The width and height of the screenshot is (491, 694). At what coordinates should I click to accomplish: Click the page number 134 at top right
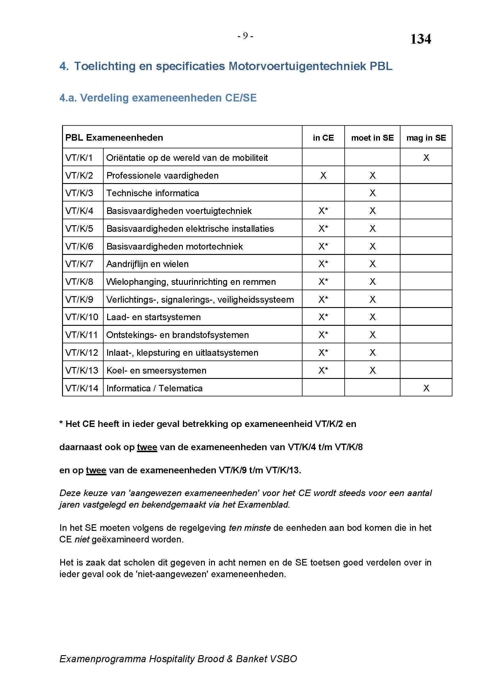coord(420,39)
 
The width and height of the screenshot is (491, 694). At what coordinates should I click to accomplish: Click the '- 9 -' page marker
coord(245,36)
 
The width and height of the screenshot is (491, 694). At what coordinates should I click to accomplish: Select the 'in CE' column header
coord(323,138)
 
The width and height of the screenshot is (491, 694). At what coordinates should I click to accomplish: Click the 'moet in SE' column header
coord(372,138)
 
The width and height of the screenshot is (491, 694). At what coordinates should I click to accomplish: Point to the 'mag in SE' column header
coord(426,138)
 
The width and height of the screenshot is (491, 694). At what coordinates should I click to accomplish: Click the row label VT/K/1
coord(79,158)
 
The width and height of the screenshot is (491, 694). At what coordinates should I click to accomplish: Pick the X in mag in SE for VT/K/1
coord(426,158)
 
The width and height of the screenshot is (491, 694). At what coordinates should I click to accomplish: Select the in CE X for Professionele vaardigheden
coord(323,176)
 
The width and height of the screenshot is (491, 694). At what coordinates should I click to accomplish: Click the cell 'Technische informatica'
coord(153,193)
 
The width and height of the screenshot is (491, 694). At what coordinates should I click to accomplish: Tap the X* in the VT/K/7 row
coord(323,264)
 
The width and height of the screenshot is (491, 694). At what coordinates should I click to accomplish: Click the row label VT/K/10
coord(82,317)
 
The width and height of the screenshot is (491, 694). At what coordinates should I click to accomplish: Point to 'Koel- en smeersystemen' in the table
coord(156,371)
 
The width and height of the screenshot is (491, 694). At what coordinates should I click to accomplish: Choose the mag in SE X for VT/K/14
coord(426,388)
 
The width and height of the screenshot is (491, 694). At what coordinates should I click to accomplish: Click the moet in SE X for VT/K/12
coord(372,353)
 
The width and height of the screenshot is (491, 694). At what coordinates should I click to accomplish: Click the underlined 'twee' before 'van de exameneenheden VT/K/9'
coord(96,471)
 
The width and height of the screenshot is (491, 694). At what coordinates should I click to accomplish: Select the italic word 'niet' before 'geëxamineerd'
coord(82,539)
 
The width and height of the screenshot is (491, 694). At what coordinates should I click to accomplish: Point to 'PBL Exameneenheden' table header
coord(114,138)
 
